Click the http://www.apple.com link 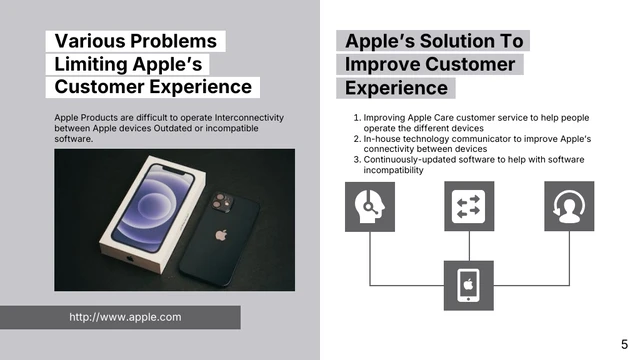pos(125,317)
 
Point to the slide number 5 pos(624,343)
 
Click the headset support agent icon pos(370,206)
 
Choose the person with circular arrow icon pos(569,206)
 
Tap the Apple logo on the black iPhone pos(221,236)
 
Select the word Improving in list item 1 pos(386,118)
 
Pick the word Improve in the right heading pos(381,64)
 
